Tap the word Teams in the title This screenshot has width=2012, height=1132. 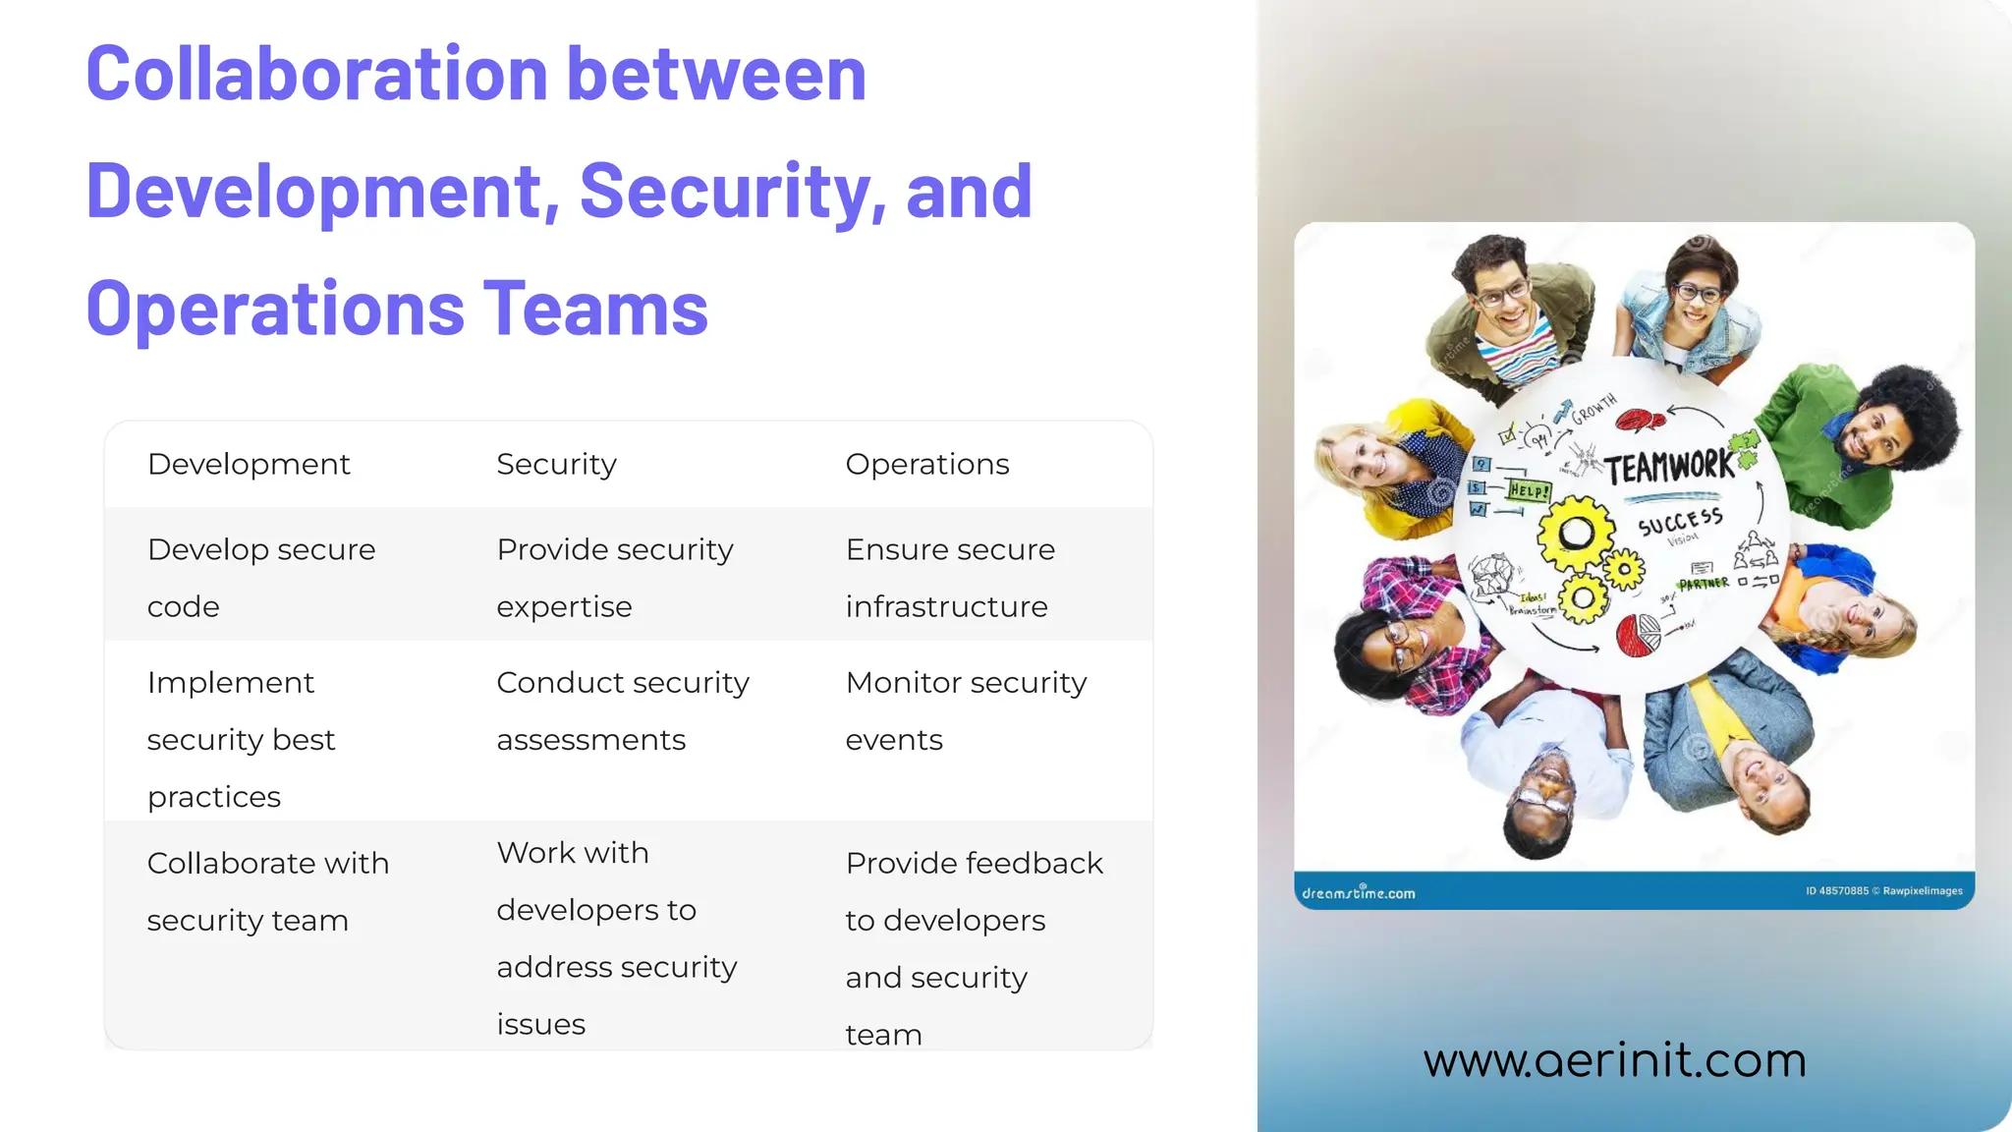(594, 309)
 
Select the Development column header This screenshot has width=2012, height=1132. (249, 464)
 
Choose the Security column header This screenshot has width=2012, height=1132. (556, 464)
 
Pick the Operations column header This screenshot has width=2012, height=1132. (926, 464)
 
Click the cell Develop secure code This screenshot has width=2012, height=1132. (261, 577)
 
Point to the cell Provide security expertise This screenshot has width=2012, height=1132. (615, 577)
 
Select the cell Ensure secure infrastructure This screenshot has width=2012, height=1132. (950, 577)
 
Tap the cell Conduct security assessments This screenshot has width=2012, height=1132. (623, 710)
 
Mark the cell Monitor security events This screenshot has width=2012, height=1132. (966, 710)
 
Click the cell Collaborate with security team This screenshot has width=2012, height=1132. (268, 891)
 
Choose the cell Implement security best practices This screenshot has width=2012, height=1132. (241, 739)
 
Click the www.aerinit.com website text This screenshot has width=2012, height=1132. (1614, 1060)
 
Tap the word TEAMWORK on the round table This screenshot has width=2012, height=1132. (1670, 466)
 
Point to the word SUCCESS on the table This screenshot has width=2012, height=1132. (1680, 521)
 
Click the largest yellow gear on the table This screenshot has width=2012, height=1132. (1576, 534)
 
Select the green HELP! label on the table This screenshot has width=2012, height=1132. (1530, 489)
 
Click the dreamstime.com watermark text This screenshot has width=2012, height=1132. (1359, 892)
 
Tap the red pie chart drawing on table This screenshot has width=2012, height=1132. (1637, 635)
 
